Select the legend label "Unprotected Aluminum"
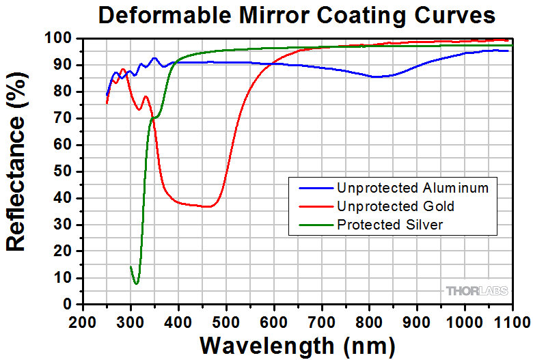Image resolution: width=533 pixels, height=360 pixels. tap(413, 186)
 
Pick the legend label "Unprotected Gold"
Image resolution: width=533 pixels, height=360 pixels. tap(395, 206)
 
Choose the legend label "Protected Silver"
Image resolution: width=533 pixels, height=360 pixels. tap(389, 225)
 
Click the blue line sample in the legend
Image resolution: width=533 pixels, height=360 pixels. tap(312, 186)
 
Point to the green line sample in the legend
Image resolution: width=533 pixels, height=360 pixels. tap(312, 225)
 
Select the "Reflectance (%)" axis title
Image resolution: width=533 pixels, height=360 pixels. tap(18, 172)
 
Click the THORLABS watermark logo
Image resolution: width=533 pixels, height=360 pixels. tap(477, 291)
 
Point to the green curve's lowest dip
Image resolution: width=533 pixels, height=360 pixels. tap(137, 283)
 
